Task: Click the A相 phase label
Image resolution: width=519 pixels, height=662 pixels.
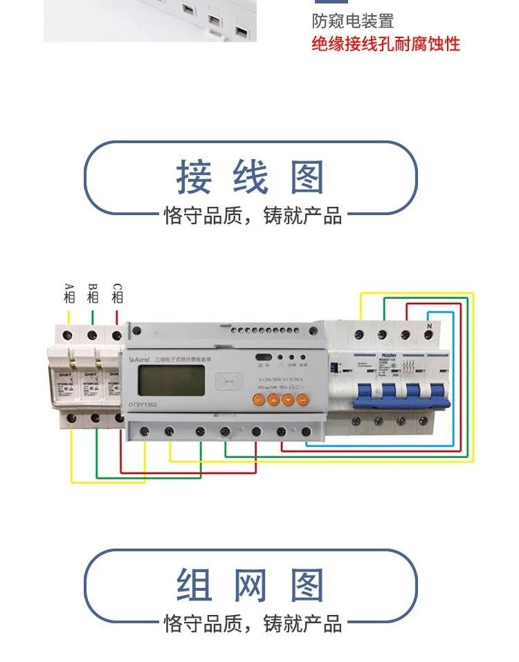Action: coord(69,293)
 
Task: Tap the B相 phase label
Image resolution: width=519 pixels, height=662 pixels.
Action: coord(93,293)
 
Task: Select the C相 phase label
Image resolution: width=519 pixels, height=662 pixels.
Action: coord(117,293)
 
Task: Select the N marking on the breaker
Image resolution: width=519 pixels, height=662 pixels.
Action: coord(429,327)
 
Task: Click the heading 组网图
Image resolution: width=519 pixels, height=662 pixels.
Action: coord(250,585)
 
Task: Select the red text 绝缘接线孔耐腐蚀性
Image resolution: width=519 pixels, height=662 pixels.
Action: coord(385,45)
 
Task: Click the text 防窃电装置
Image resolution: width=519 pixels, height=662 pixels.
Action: coord(353,21)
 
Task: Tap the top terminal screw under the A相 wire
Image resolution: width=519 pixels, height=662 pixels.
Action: coord(69,335)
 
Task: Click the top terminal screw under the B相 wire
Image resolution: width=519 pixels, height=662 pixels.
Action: coord(92,335)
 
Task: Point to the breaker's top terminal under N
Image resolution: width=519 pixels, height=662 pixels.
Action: coord(429,337)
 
